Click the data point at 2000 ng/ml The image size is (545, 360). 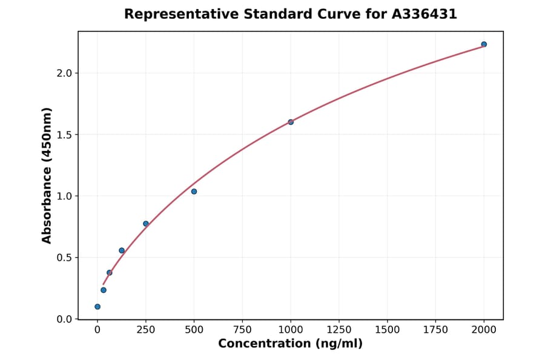(x=484, y=44)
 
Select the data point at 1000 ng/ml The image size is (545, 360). (x=291, y=122)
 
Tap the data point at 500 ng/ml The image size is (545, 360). (x=194, y=192)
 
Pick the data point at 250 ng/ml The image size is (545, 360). (x=146, y=224)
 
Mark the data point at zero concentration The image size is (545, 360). (x=97, y=307)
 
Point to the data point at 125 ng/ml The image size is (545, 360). (x=122, y=250)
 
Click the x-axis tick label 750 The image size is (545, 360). (x=242, y=330)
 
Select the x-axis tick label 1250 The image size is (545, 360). (x=339, y=330)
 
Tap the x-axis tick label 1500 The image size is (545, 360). (x=388, y=330)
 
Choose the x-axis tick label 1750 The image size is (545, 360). (x=435, y=330)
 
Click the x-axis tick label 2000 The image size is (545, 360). (x=484, y=330)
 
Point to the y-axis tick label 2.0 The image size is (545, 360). (x=65, y=73)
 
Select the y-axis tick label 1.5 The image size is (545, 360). (x=65, y=135)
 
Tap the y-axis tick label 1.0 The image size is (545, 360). (x=65, y=196)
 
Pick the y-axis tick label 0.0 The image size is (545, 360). (x=65, y=319)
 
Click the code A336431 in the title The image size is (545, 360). (x=423, y=14)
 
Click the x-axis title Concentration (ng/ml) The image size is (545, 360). (x=290, y=344)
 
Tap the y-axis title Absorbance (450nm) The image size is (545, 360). (x=47, y=176)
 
